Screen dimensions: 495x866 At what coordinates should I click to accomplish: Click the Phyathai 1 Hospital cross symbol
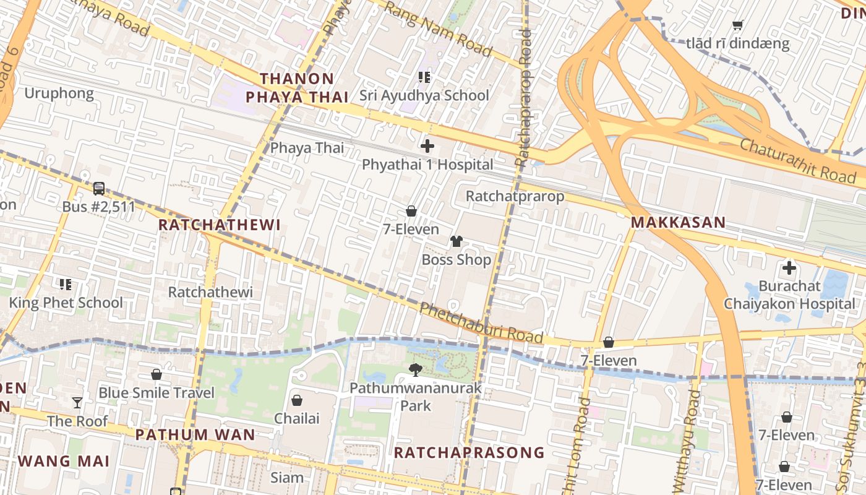[427, 147]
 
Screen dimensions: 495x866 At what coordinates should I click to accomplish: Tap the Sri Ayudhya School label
[424, 95]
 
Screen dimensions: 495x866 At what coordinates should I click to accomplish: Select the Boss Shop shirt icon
[457, 241]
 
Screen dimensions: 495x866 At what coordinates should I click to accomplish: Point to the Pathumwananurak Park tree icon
[416, 370]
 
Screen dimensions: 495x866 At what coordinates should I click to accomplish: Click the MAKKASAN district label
[678, 223]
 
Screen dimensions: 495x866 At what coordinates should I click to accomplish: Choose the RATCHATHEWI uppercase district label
[220, 225]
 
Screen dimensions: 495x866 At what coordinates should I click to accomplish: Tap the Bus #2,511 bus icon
[98, 188]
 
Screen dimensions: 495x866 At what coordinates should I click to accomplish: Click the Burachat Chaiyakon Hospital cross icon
[789, 268]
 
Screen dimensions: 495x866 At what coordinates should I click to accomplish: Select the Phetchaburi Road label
[481, 323]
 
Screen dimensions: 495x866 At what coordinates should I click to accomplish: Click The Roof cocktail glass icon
[77, 403]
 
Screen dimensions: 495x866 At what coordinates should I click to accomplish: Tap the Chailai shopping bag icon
[297, 400]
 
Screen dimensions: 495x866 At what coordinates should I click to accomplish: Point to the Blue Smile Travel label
[156, 393]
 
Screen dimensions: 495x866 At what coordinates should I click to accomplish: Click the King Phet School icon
[66, 285]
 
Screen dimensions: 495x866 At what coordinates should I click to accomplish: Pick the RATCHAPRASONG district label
[469, 452]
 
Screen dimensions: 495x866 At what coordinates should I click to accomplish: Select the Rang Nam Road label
[438, 28]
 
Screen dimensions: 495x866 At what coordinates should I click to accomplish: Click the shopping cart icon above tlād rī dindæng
[737, 25]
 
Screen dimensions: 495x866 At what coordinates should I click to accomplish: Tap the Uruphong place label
[59, 93]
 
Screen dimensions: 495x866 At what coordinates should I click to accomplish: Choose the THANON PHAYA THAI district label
[297, 88]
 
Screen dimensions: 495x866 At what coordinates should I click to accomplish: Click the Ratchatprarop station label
[515, 196]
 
